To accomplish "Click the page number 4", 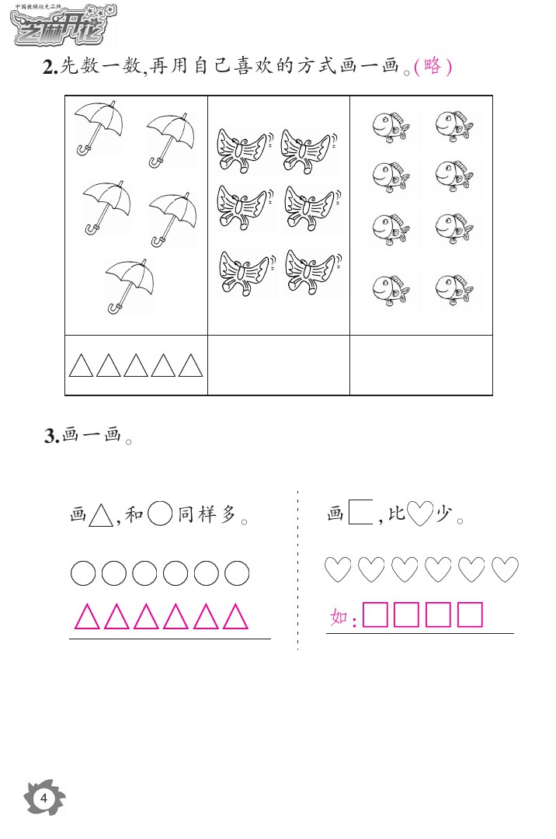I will (x=44, y=798).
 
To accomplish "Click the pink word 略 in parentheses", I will (x=433, y=67).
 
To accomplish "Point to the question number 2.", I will (x=49, y=68).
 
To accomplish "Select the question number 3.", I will (x=50, y=437).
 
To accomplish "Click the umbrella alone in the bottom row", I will (x=130, y=285).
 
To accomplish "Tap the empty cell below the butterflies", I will (x=279, y=365).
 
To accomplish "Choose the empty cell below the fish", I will (x=421, y=365).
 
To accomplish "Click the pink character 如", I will (x=339, y=618).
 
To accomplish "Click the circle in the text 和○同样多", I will (x=159, y=513).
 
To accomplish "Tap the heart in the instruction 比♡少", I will (x=419, y=513).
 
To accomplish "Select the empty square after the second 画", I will (x=361, y=513).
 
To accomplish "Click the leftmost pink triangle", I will (x=86, y=617).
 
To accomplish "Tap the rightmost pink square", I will (x=471, y=614).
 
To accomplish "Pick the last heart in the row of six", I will (x=506, y=570).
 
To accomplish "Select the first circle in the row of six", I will (x=83, y=574).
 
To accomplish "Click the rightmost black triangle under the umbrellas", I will (x=191, y=365).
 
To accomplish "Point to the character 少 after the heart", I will (x=443, y=514).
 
